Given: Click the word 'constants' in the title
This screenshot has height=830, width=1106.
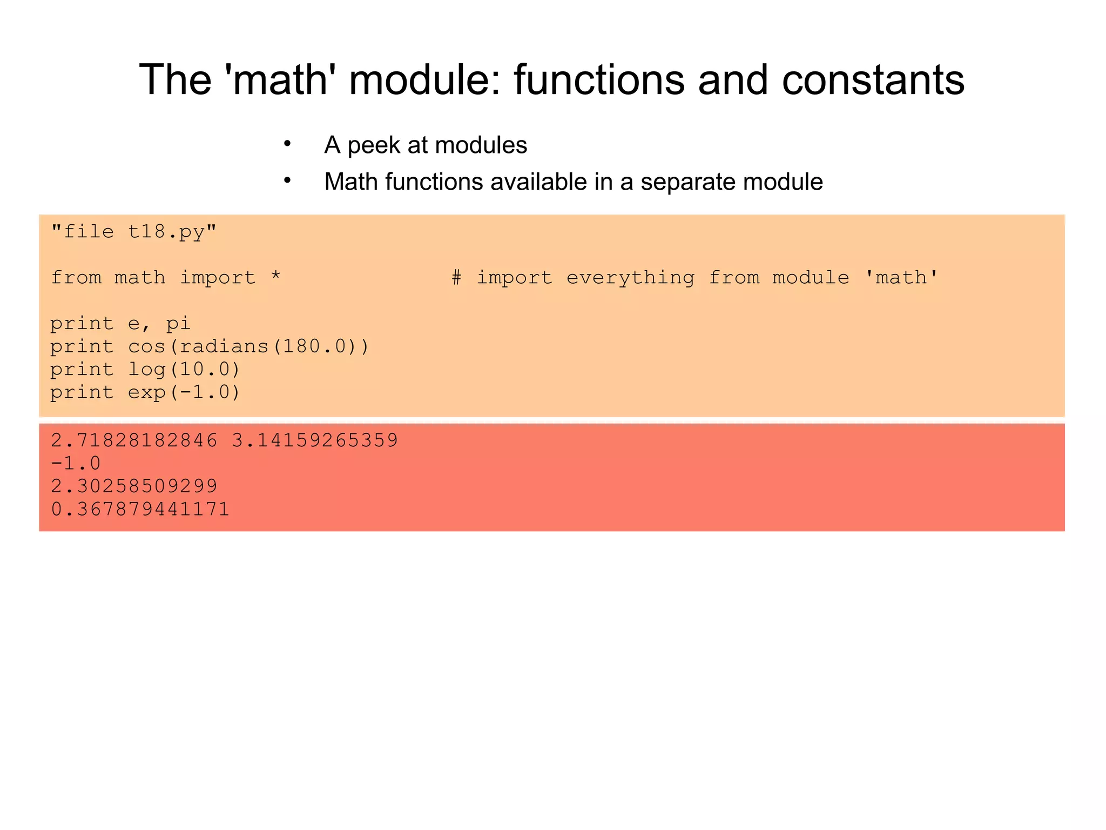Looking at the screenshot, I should coord(873,80).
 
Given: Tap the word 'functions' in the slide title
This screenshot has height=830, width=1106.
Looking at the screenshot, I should coord(598,80).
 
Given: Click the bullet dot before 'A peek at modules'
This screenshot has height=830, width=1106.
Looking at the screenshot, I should coord(287,144).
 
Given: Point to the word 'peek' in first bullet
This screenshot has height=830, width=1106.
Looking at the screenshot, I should coord(373,145).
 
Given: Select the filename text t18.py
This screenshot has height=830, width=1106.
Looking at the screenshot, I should coord(166,232).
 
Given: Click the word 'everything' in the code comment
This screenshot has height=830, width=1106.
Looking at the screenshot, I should coord(630,278).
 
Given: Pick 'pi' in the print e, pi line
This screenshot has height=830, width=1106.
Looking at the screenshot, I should coord(178,324).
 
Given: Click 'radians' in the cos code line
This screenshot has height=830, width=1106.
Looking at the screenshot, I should coord(224,346).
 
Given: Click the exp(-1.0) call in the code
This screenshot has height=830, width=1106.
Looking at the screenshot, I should coord(184,392).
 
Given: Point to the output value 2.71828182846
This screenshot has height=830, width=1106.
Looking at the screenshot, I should coord(134,440).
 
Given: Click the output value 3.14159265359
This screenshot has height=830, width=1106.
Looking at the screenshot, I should coord(315,440).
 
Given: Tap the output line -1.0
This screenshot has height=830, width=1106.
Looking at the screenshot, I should coord(76,463).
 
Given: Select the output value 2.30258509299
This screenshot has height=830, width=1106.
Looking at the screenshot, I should coord(134,486).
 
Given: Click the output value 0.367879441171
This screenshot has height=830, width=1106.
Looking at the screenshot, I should coord(140,509).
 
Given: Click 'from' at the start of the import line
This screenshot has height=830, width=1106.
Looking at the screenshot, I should coord(76,278).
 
